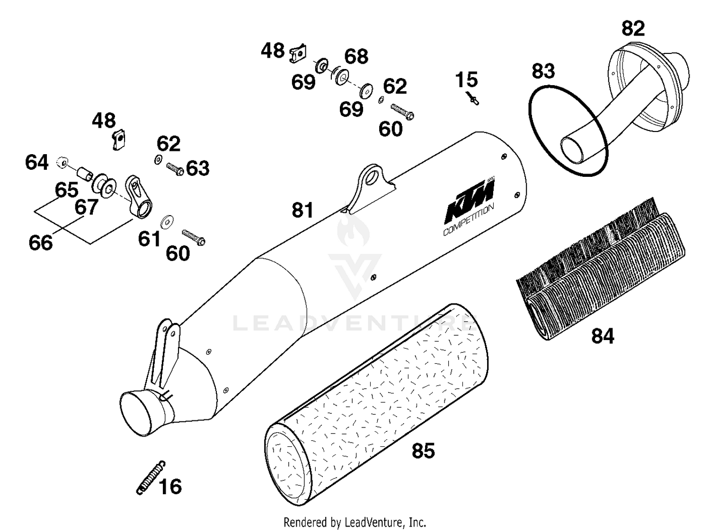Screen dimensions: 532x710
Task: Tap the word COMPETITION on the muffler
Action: click(468, 220)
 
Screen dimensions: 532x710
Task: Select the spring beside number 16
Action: click(151, 477)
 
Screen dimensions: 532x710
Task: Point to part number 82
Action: click(633, 29)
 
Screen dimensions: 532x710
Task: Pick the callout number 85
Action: click(423, 451)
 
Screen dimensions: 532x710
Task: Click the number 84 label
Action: click(603, 336)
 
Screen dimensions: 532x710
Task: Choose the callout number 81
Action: click(302, 210)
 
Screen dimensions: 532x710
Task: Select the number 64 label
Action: click(37, 162)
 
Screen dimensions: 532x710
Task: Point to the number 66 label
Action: click(41, 243)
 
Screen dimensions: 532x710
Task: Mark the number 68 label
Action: click(356, 56)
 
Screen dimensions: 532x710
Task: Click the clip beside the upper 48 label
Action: click(298, 53)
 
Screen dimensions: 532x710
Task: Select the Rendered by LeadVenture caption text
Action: click(355, 522)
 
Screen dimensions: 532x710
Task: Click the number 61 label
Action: click(149, 239)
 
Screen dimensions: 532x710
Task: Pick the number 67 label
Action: click(86, 207)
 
